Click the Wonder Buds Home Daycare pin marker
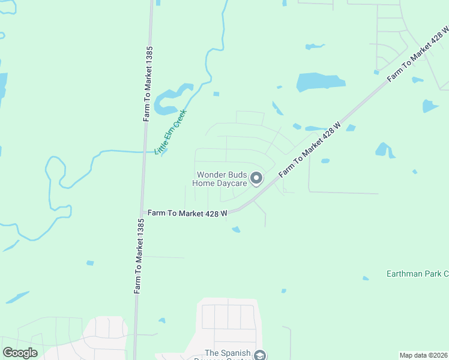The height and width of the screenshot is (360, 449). pyautogui.click(x=256, y=178)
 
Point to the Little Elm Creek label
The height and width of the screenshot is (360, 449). pyautogui.click(x=171, y=133)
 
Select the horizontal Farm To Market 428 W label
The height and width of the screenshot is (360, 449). pyautogui.click(x=187, y=213)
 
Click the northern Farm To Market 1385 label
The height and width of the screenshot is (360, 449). pyautogui.click(x=148, y=84)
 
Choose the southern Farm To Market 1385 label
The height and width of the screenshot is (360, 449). pyautogui.click(x=139, y=256)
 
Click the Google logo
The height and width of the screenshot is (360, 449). pyautogui.click(x=20, y=353)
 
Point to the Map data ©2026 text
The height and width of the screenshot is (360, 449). pyautogui.click(x=424, y=355)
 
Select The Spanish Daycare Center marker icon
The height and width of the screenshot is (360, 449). pyautogui.click(x=260, y=355)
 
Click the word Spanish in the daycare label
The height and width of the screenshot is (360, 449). pyautogui.click(x=236, y=353)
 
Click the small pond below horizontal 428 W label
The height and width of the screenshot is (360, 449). pyautogui.click(x=236, y=229)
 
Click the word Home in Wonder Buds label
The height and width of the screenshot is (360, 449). pyautogui.click(x=204, y=184)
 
